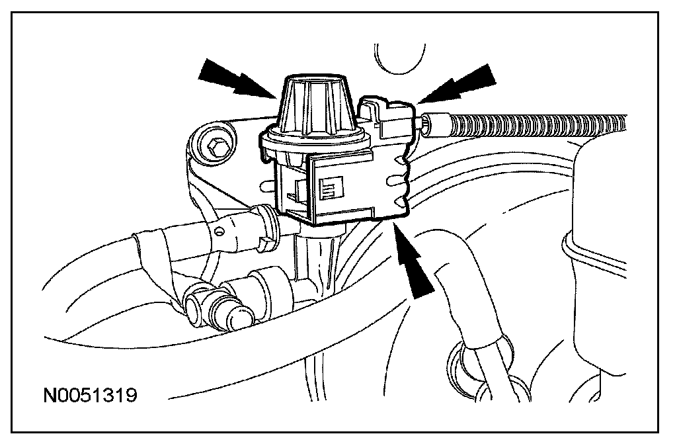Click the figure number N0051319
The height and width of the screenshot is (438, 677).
click(x=90, y=395)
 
